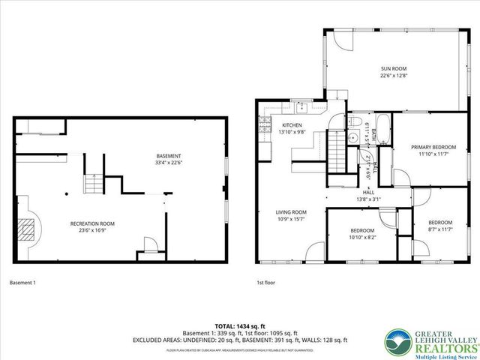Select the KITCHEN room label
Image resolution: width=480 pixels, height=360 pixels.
click(292, 124)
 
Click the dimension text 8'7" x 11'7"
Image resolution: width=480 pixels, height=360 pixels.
click(440, 229)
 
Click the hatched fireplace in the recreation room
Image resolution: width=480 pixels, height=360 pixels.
click(28, 228)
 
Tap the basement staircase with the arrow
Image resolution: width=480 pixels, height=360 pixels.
click(91, 182)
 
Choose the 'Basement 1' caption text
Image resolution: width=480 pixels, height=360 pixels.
click(22, 283)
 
